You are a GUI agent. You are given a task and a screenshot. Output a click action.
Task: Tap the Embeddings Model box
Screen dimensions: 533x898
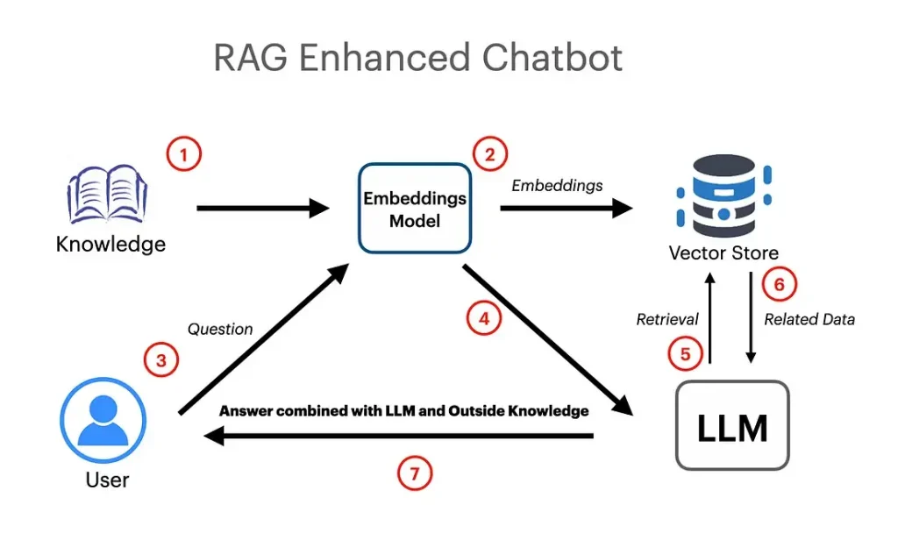pyautogui.click(x=415, y=209)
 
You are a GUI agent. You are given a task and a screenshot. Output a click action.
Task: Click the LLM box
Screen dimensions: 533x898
pyautogui.click(x=732, y=426)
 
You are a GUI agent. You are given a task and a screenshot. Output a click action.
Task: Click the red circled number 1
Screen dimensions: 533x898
pyautogui.click(x=183, y=156)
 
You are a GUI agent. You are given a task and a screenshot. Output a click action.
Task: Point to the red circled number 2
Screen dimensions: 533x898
pyautogui.click(x=489, y=154)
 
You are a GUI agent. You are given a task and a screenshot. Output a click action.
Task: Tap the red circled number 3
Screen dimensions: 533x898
pyautogui.click(x=161, y=359)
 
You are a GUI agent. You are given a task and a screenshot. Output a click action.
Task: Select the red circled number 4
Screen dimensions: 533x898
pyautogui.click(x=483, y=318)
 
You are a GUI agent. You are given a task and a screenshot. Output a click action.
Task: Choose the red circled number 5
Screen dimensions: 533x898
pyautogui.click(x=685, y=353)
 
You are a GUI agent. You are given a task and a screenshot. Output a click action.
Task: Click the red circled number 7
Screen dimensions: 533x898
pyautogui.click(x=415, y=474)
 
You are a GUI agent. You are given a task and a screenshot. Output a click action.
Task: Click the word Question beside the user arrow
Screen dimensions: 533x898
pyautogui.click(x=220, y=330)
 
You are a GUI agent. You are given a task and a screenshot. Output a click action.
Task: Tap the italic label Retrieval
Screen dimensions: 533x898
pyautogui.click(x=667, y=320)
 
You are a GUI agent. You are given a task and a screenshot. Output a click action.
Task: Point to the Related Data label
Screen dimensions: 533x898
pyautogui.click(x=809, y=320)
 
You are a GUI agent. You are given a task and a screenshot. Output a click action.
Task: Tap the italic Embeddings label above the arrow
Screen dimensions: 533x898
pyautogui.click(x=557, y=186)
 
